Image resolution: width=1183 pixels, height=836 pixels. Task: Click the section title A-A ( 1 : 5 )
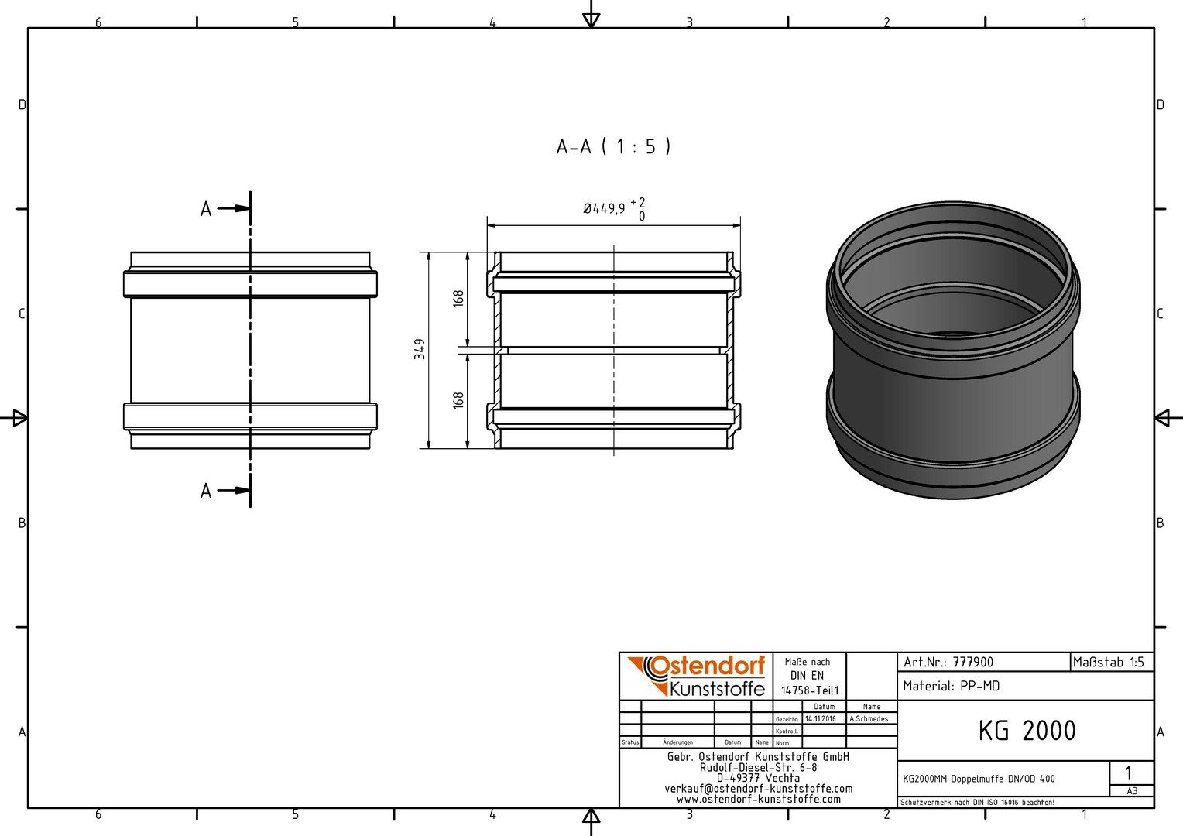tap(613, 146)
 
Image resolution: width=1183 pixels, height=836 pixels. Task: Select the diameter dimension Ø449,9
tap(604, 209)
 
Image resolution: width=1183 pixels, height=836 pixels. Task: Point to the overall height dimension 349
tap(420, 350)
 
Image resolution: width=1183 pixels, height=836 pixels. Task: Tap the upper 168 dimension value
tap(458, 298)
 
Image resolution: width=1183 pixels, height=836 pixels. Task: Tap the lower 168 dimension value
tap(458, 399)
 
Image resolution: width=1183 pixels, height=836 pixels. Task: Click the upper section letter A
tap(206, 209)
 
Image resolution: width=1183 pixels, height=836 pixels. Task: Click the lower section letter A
tap(206, 491)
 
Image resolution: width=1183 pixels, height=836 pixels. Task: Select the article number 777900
tap(973, 663)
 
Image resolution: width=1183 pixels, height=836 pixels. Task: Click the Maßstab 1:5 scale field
tap(1109, 662)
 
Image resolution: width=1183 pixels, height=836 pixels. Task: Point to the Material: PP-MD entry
tap(952, 686)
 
